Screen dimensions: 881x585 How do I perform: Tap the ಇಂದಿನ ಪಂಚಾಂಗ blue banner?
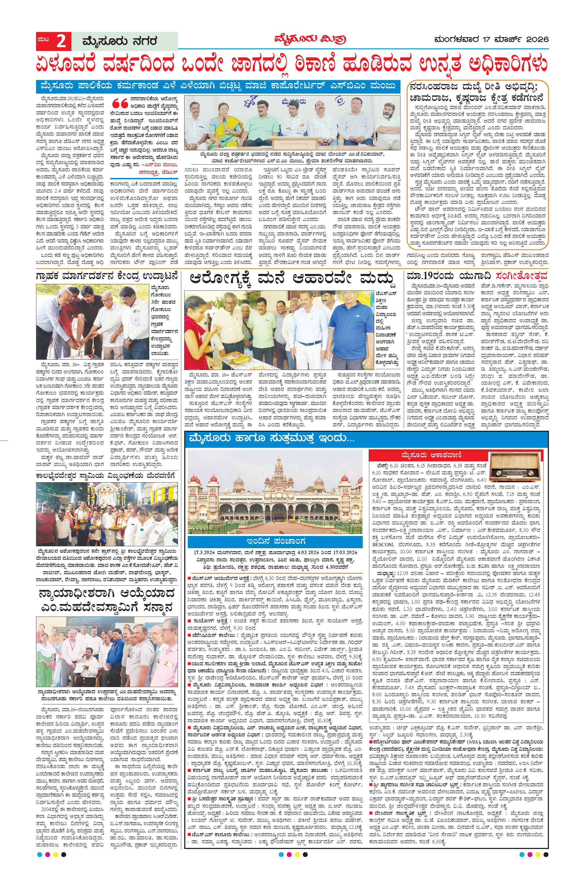click(x=275, y=541)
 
